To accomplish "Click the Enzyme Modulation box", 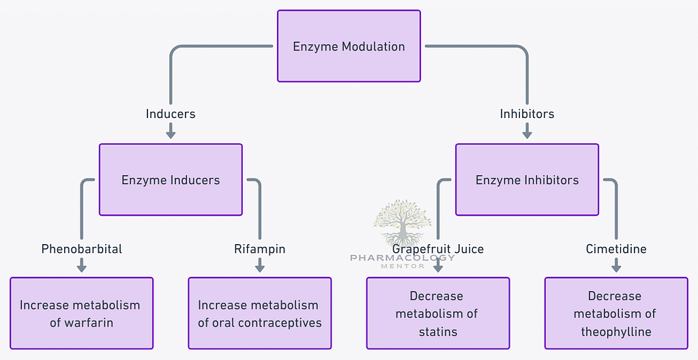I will tap(349, 46).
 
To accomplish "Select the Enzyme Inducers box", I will tap(171, 180).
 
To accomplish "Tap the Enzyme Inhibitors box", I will tap(527, 180).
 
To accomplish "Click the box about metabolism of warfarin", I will tap(81, 313).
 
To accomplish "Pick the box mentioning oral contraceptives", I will tap(259, 313).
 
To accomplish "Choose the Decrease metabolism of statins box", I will tap(437, 313).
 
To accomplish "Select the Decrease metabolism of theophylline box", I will tap(615, 313).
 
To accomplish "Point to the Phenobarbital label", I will tap(81, 249).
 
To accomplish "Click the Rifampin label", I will tap(259, 249).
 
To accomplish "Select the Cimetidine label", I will tap(615, 249).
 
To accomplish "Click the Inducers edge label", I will tap(171, 114).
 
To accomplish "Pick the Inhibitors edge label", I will tap(527, 114).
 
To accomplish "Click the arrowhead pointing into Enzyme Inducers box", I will tap(171, 134).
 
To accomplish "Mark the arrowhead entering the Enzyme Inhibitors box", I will tap(527, 134).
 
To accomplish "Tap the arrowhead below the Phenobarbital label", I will tap(81, 267).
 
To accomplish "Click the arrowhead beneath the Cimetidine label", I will tap(615, 267).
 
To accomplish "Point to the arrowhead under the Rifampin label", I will tap(259, 267).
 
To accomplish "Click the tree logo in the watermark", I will tap(403, 222).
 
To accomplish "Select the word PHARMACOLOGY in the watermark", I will tap(402, 258).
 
